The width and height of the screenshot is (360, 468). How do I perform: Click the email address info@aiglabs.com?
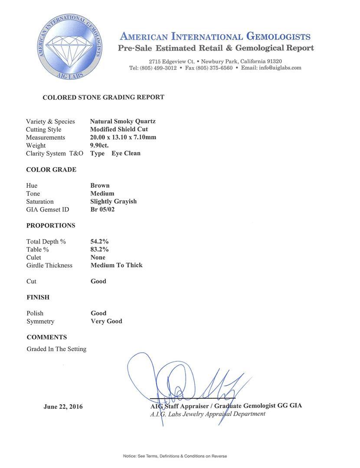[x=277, y=68]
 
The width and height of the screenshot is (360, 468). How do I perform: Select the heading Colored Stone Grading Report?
[x=103, y=97]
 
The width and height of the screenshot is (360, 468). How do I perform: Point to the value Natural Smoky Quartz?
[x=123, y=121]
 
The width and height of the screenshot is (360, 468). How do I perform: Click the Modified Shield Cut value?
[x=119, y=130]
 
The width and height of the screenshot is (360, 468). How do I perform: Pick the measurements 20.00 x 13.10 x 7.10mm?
[x=123, y=137]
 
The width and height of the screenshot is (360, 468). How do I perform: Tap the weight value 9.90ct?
[x=99, y=146]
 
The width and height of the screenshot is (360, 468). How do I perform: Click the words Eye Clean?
[x=126, y=153]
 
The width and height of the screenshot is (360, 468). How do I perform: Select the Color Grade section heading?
[x=51, y=169]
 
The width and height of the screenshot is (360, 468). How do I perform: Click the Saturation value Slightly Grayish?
[x=113, y=201]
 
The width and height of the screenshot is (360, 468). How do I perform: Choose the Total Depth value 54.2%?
[x=99, y=241]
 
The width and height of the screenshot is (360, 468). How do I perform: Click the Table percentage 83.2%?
[x=99, y=250]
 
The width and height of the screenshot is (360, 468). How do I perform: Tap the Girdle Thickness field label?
[x=49, y=265]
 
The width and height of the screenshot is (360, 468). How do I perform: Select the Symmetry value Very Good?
[x=106, y=321]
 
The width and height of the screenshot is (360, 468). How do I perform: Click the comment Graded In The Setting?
[x=56, y=349]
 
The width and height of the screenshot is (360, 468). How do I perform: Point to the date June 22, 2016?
[x=63, y=407]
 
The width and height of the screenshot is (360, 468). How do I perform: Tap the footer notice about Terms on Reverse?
[x=175, y=456]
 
